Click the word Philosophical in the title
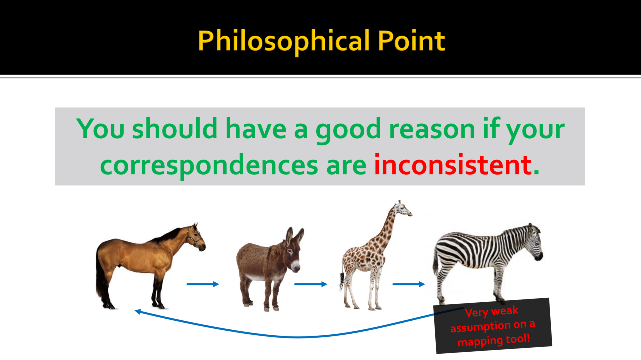[284, 41]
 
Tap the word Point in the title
[411, 41]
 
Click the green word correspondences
[209, 166]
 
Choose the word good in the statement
[348, 130]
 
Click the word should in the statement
[175, 128]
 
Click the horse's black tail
[100, 275]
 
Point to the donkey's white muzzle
[296, 267]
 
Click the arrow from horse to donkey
[203, 284]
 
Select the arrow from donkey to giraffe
[311, 284]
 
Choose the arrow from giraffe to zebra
[409, 284]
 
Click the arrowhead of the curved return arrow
[138, 311]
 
